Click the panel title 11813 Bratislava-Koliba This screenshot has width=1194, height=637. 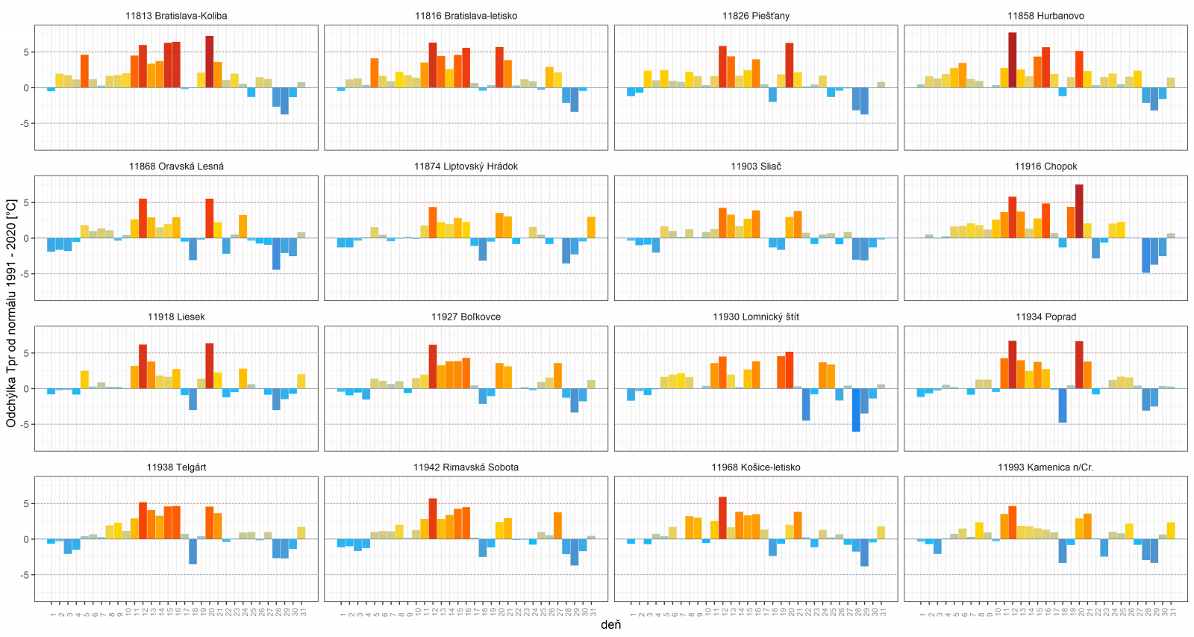(176, 16)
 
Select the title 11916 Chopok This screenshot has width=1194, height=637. (1045, 167)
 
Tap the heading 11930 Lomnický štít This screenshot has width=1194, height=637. (755, 317)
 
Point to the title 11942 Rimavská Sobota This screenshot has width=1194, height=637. (466, 467)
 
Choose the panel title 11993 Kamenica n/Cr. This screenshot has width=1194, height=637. (1045, 467)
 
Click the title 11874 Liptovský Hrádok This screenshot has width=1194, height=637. (466, 167)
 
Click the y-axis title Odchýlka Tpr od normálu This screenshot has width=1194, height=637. (11, 313)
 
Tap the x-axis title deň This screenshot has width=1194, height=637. (610, 625)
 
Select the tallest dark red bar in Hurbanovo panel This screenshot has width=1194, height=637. (1012, 60)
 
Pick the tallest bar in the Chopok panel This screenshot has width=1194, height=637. (1079, 211)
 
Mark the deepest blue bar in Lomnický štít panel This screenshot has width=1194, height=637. (856, 410)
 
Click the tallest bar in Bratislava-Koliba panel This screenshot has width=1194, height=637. (210, 62)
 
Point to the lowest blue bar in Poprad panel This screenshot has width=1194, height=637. (1062, 405)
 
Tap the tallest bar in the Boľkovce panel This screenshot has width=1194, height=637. (433, 367)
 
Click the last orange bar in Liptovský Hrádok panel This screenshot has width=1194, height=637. (591, 228)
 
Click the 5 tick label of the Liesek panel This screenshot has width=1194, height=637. (26, 353)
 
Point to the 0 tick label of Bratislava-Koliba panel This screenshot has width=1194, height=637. (26, 88)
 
